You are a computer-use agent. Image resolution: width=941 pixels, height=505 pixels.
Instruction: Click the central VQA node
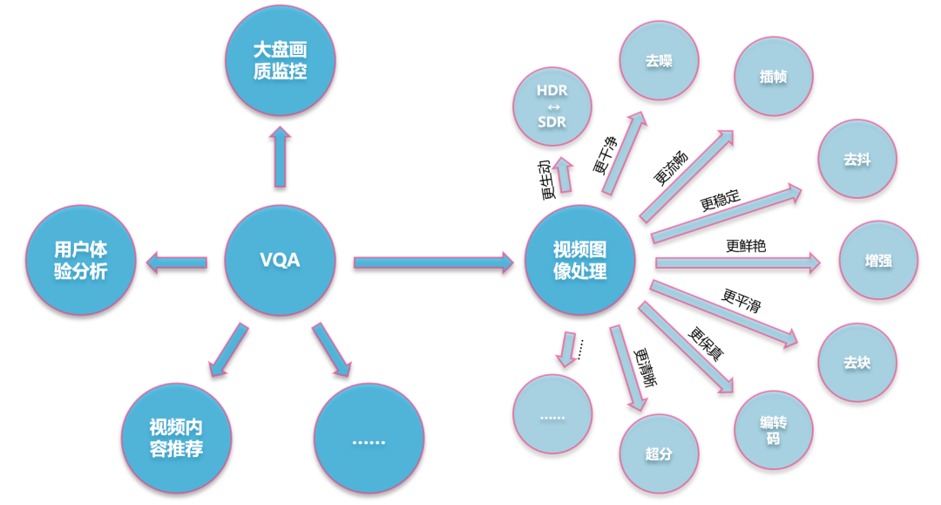(x=280, y=260)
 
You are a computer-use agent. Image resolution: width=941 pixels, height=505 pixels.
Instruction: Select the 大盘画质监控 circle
(x=280, y=61)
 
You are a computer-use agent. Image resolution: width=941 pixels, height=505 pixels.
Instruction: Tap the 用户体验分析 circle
(x=81, y=260)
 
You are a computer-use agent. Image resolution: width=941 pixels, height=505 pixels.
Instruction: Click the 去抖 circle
(x=857, y=160)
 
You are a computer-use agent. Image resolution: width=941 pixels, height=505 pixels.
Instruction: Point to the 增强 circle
(x=878, y=261)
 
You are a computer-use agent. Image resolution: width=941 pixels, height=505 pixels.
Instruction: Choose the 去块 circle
(x=857, y=362)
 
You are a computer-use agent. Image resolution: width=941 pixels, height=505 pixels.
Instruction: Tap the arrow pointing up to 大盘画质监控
(x=280, y=157)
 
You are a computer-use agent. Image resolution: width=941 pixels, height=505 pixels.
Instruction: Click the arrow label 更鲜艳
(x=746, y=246)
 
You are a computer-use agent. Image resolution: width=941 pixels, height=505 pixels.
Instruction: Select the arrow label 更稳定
(x=720, y=200)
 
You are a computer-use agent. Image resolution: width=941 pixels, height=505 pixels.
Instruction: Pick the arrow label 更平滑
(x=741, y=300)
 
